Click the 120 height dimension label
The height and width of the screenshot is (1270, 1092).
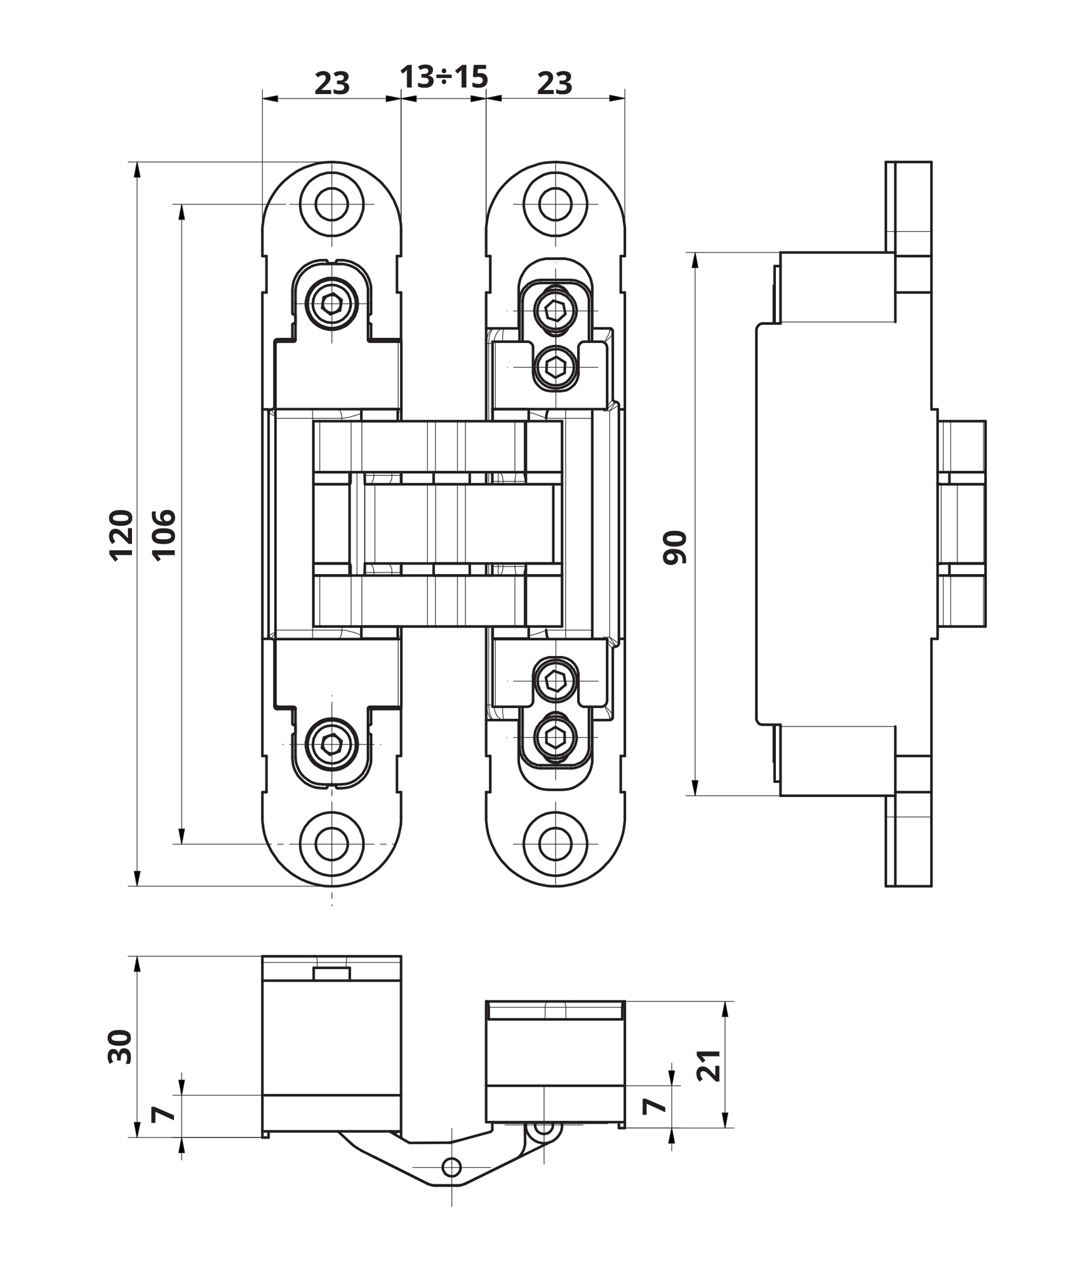tap(121, 534)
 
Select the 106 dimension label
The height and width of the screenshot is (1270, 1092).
tap(164, 534)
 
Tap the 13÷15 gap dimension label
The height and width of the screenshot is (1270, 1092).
tap(444, 77)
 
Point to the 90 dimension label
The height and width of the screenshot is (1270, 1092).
tap(675, 547)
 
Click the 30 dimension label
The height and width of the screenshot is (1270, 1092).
tap(120, 1047)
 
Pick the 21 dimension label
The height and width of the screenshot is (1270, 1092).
tap(709, 1066)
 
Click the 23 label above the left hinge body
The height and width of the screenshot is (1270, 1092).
tap(332, 83)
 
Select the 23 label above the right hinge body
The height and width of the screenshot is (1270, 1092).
tap(554, 83)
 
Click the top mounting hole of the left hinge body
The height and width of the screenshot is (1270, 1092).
tap(331, 204)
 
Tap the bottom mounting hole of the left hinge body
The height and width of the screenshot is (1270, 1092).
tap(331, 844)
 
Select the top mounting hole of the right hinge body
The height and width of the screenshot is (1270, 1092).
tap(555, 204)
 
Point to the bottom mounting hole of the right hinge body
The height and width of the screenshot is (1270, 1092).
tap(555, 844)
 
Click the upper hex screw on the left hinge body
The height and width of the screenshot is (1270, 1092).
tap(331, 304)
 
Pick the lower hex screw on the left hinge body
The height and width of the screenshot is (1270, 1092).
tap(331, 744)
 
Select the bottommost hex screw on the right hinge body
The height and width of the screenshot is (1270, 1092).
tap(556, 737)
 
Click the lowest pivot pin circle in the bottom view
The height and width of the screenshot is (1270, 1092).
tap(451, 1166)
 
